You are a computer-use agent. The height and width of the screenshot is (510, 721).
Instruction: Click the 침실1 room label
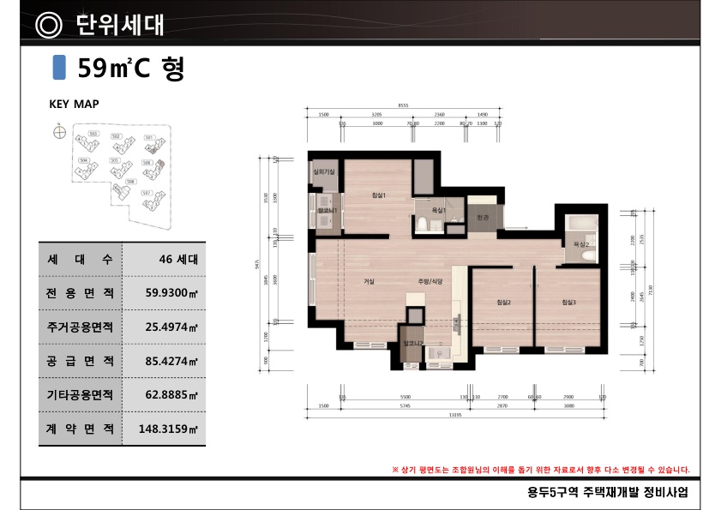coord(379,195)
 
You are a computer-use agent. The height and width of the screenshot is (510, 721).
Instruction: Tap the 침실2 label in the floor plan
coord(503,302)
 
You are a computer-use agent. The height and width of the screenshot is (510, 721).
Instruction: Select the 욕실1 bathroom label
coord(436,210)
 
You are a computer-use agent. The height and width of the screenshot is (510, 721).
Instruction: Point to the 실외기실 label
coord(324,172)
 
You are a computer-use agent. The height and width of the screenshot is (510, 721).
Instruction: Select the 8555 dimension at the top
coord(403,105)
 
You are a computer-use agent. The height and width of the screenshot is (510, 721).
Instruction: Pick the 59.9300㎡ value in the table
coord(171,293)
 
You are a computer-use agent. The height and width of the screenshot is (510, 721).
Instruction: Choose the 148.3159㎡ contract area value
coord(168,428)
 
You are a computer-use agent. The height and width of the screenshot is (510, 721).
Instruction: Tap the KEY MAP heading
coord(74,104)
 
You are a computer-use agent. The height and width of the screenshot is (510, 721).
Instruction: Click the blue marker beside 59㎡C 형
coord(59,68)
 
